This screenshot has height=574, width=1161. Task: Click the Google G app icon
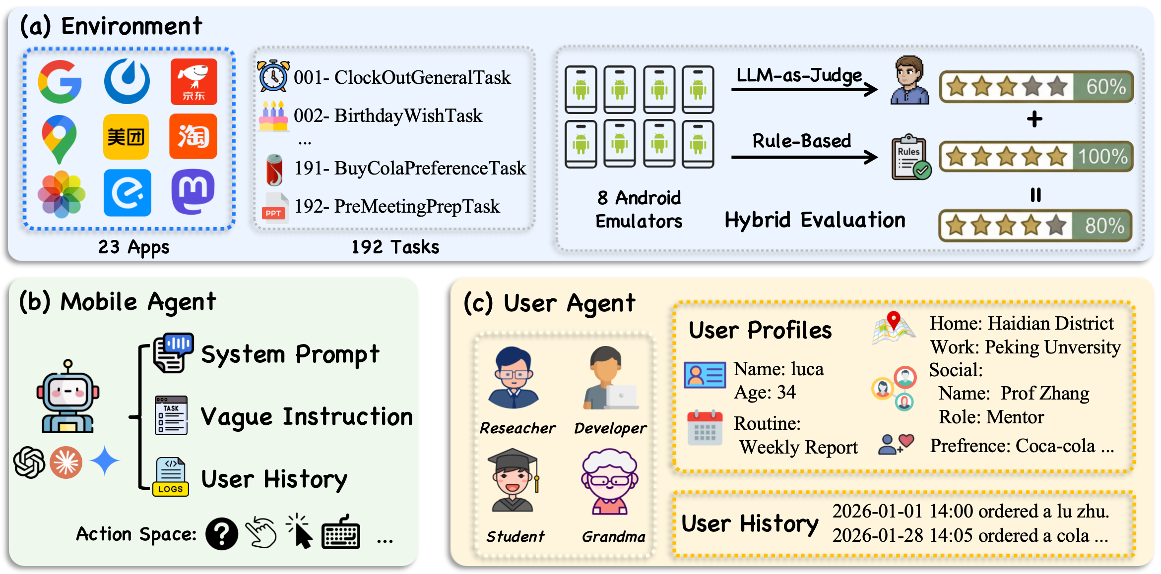click(60, 82)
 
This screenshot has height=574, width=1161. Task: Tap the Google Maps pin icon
click(59, 138)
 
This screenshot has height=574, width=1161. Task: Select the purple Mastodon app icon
click(193, 191)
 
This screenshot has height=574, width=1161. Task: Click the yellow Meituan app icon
click(126, 137)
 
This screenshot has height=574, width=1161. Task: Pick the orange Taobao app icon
click(193, 137)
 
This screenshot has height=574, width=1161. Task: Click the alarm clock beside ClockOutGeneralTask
click(273, 76)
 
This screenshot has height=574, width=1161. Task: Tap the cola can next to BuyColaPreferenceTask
click(274, 169)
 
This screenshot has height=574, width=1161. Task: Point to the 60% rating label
click(1105, 87)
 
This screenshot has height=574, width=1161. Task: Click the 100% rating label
click(1102, 157)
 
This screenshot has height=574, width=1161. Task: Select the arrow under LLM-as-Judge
click(804, 89)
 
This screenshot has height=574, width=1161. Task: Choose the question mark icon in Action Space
click(222, 534)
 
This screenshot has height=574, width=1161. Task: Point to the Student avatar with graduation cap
click(513, 480)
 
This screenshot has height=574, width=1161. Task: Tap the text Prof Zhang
click(1045, 393)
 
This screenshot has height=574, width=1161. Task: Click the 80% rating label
click(1104, 226)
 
